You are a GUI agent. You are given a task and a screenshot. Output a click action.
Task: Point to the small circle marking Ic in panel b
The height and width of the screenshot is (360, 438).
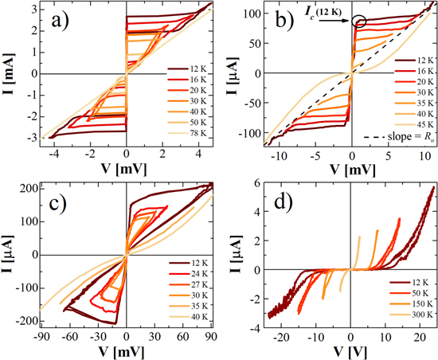(358, 22)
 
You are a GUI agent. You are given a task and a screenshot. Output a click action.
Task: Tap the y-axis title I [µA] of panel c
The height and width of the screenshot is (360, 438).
(9, 253)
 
